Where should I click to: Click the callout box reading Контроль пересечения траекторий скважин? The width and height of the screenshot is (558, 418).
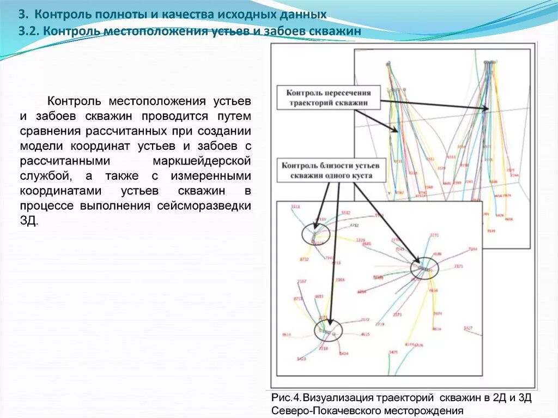(x=329, y=98)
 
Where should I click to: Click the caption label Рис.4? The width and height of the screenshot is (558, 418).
(x=286, y=397)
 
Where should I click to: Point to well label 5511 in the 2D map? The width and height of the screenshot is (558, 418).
(x=296, y=208)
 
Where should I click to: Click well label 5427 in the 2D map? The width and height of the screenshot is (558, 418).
(x=468, y=328)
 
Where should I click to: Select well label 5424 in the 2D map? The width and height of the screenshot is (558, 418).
(x=343, y=354)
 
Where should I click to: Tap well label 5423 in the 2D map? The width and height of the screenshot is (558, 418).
(x=301, y=359)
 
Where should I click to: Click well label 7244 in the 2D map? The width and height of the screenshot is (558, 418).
(x=472, y=249)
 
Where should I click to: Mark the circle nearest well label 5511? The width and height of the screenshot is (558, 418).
(x=316, y=234)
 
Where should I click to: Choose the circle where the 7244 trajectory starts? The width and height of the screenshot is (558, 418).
(x=424, y=268)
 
